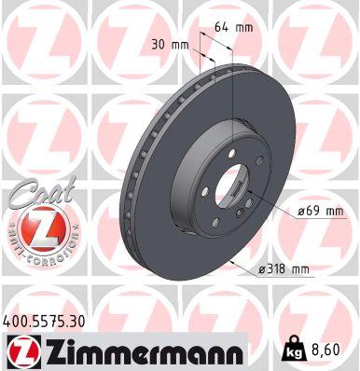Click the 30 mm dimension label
coord(169,43)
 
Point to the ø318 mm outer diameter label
coord(285,269)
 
